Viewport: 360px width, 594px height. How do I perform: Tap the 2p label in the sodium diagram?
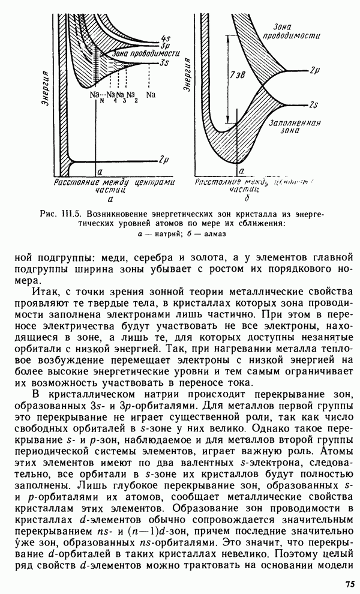click(163, 160)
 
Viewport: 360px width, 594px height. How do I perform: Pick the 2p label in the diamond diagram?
click(314, 70)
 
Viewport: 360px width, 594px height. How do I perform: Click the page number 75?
click(350, 583)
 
